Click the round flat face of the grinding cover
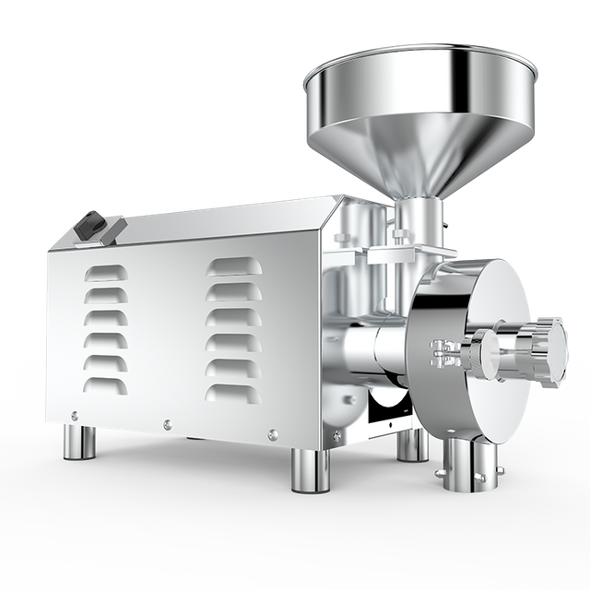click(470, 304)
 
